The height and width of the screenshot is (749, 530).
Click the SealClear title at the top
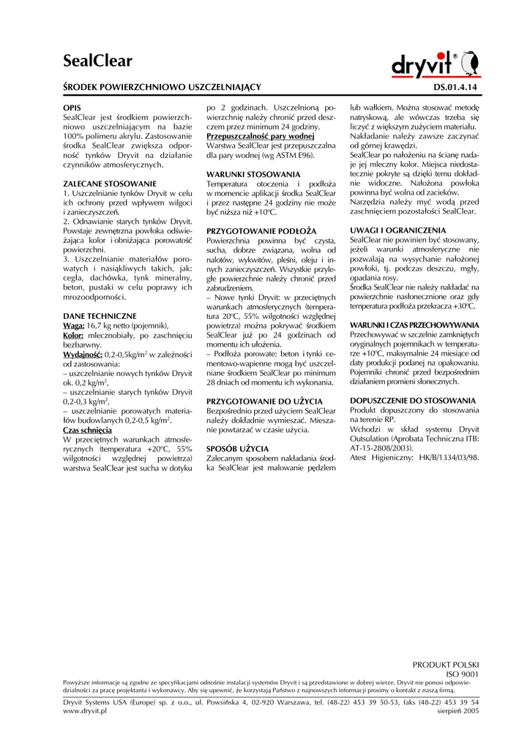click(97, 61)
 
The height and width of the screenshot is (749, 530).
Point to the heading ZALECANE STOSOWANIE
click(110, 183)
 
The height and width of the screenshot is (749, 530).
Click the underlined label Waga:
click(74, 325)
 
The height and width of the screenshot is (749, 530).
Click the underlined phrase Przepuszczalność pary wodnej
click(260, 136)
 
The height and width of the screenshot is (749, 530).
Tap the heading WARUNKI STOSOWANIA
click(253, 173)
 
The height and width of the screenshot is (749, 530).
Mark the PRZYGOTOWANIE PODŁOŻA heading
click(261, 230)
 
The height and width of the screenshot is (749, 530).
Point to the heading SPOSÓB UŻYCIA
click(237, 448)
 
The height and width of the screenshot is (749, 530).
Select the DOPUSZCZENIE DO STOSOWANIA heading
click(413, 401)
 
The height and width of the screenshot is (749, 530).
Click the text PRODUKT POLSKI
click(446, 664)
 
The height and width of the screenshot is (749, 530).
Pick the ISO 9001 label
click(463, 674)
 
